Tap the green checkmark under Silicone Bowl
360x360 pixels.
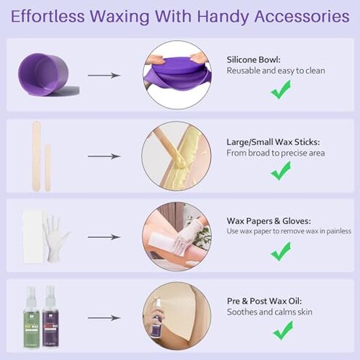pyautogui.click(x=281, y=90)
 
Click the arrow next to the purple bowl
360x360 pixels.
pyautogui.click(x=104, y=75)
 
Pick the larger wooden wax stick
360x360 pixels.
pyautogui.click(x=36, y=156)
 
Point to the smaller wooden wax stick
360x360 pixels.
pyautogui.click(x=48, y=167)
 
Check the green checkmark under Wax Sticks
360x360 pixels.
pyautogui.click(x=281, y=172)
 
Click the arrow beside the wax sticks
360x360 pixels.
pyautogui.click(x=104, y=156)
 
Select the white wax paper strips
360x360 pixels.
pyautogui.click(x=31, y=233)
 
